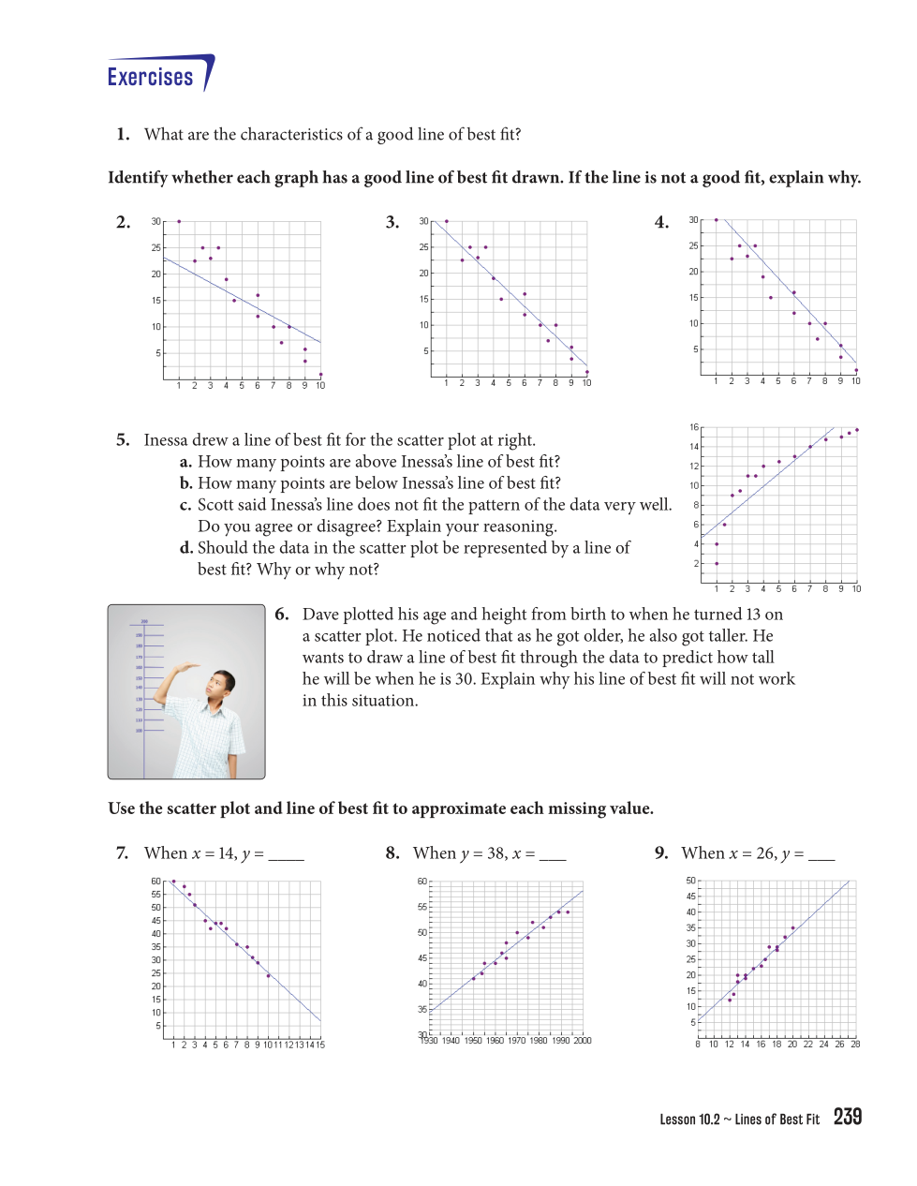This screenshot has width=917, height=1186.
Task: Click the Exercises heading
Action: point(150,77)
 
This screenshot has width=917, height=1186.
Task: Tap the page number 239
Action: point(847,1117)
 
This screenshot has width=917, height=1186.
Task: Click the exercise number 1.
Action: point(123,135)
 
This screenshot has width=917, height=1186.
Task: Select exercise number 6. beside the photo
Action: point(281,615)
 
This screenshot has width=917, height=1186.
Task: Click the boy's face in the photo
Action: point(222,685)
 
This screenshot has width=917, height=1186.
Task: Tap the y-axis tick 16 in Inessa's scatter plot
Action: point(694,427)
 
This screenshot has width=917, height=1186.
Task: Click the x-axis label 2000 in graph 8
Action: point(582,1041)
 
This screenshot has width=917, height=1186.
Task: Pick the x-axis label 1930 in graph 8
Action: point(429,1041)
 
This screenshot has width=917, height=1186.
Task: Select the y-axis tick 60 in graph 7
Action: point(156,882)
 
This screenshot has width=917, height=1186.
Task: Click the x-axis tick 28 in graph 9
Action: point(855,1045)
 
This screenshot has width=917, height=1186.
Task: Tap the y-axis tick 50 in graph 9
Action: point(691,881)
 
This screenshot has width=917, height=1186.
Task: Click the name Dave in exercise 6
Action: point(321,615)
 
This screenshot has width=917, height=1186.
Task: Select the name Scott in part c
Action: point(216,505)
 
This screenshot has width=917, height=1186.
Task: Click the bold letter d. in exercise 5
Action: point(186,548)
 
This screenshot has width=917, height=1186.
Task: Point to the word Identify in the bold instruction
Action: point(138,178)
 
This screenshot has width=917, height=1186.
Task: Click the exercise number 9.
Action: point(661,853)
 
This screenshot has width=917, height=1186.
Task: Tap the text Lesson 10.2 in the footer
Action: point(689,1119)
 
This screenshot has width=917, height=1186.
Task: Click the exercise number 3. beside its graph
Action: point(392,223)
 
